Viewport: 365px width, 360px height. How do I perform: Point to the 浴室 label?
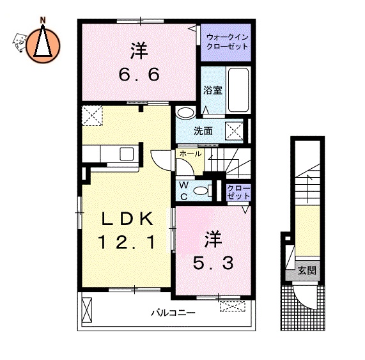pyautogui.click(x=212, y=90)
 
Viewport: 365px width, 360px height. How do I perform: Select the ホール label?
pyautogui.click(x=190, y=155)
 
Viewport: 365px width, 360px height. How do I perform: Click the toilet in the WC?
pyautogui.click(x=203, y=189)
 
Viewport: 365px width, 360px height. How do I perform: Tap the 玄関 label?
pyautogui.click(x=306, y=272)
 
